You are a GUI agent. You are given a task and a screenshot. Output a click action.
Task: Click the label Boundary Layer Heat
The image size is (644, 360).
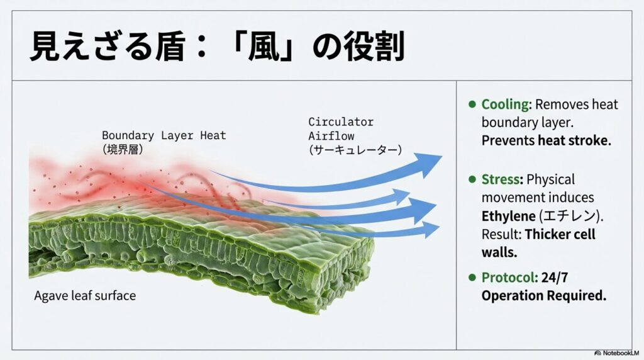[x=164, y=135]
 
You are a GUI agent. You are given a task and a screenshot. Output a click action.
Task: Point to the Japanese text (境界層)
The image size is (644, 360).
[x=124, y=149]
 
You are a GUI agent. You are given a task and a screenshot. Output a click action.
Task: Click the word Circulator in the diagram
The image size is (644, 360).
[x=340, y=121]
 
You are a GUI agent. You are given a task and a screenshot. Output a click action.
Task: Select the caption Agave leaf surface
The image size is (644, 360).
[x=85, y=295]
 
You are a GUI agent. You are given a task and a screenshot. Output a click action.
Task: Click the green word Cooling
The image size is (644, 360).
[x=506, y=104]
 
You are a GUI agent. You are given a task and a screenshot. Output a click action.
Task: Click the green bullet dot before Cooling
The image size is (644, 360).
[x=472, y=104]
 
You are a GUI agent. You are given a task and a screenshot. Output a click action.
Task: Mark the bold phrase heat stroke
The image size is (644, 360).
[x=574, y=140]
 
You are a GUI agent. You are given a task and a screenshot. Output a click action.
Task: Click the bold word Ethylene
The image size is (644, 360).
[x=508, y=216]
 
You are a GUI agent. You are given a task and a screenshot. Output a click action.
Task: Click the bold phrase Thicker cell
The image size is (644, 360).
[x=560, y=234]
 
